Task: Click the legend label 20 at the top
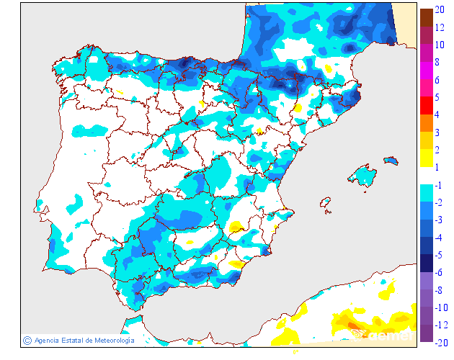pos(439,11)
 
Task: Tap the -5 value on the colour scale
pos(439,255)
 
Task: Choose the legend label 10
pos(439,45)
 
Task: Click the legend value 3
pos(437,132)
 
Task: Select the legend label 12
pos(439,27)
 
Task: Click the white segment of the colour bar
pos(426,176)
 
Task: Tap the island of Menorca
pos(391,160)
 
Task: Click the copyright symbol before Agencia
pos(27,341)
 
